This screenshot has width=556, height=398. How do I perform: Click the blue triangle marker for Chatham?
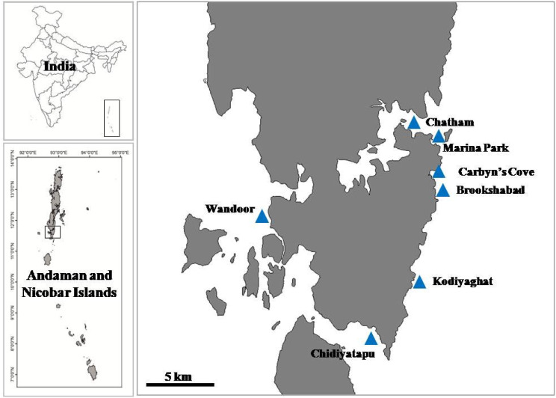(413, 123)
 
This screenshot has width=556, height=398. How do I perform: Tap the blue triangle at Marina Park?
(439, 136)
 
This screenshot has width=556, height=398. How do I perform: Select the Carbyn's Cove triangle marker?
(439, 172)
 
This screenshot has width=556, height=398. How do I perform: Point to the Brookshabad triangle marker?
(442, 190)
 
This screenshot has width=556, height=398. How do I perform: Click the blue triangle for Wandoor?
(262, 216)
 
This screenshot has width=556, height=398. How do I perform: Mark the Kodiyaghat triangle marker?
(419, 282)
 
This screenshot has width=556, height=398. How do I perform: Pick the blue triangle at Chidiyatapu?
(371, 338)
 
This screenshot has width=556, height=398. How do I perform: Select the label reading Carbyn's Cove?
(495, 171)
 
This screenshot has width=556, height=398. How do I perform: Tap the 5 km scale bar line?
(176, 385)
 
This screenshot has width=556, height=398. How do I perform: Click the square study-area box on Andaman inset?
(52, 232)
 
